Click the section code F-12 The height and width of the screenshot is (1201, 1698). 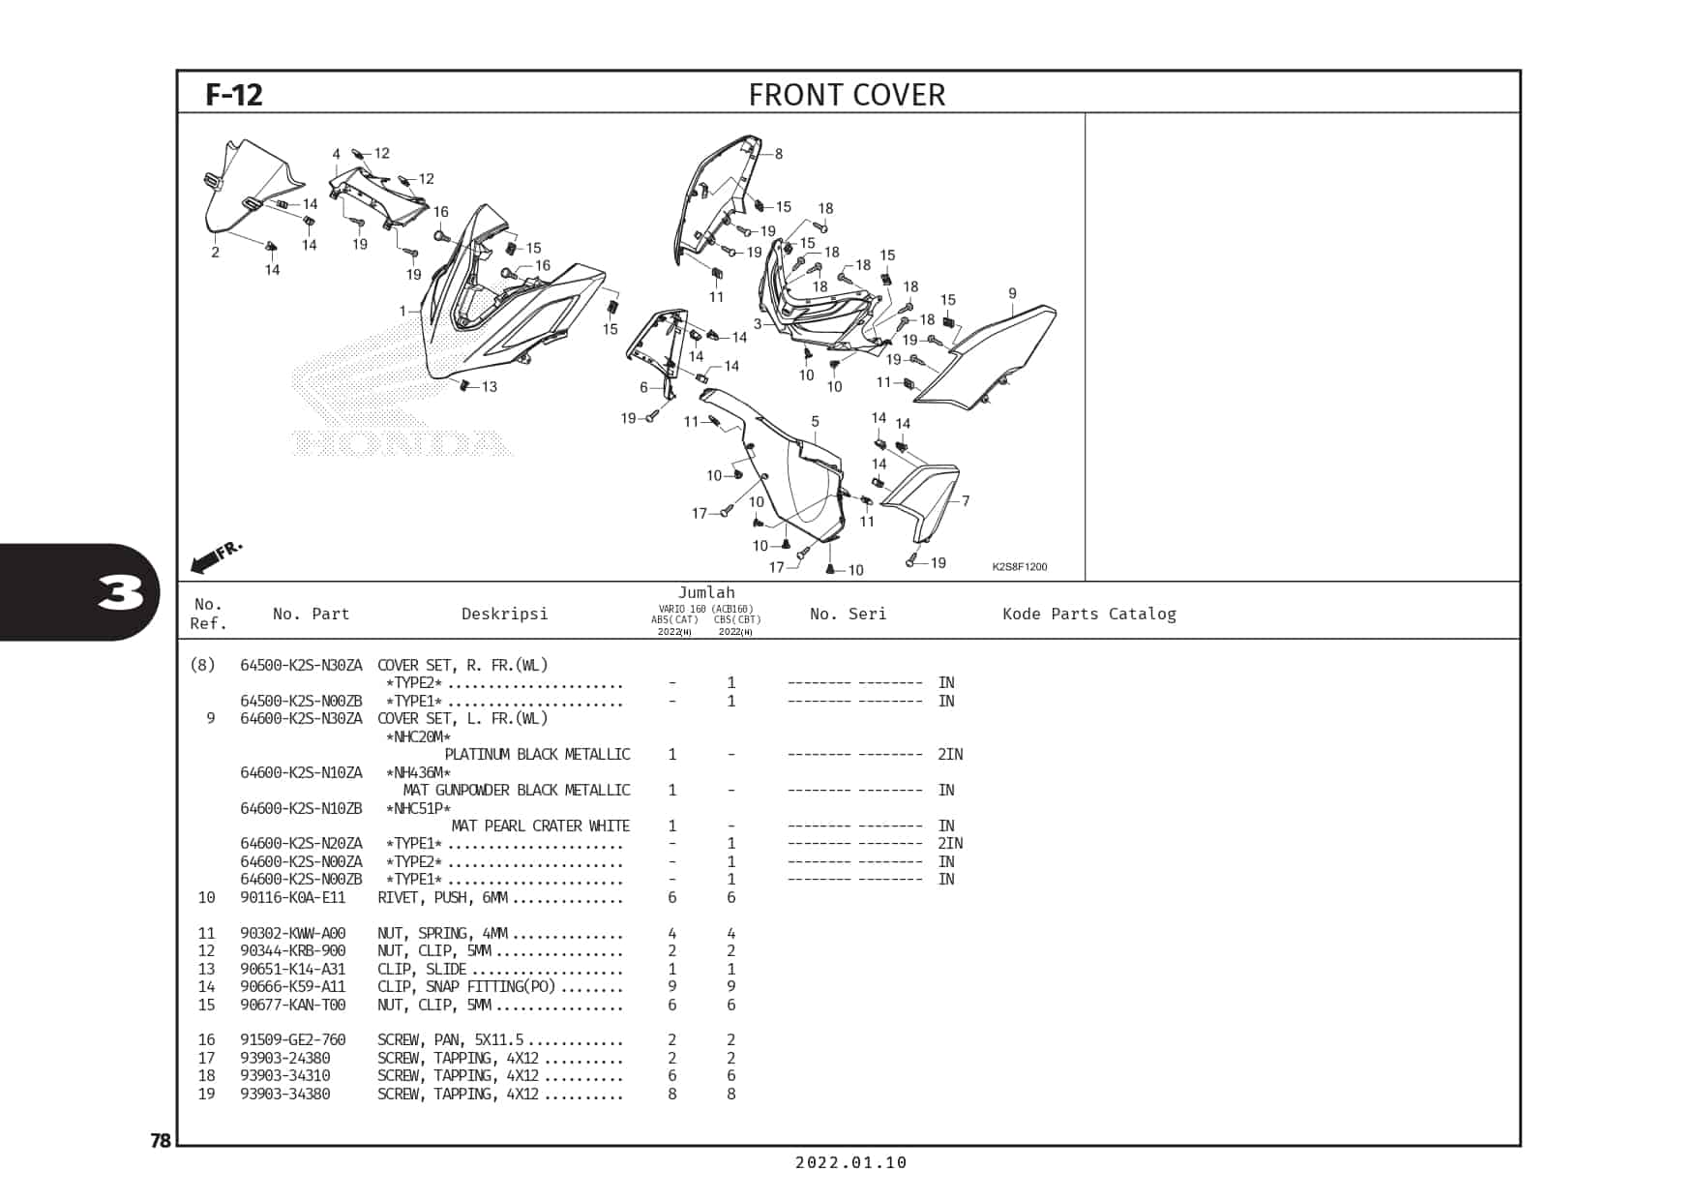click(x=234, y=95)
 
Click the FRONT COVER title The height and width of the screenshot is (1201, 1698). click(x=847, y=95)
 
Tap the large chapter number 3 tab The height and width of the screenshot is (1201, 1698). click(x=121, y=592)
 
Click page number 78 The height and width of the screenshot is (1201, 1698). click(x=161, y=1140)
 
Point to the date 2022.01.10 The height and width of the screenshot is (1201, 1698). click(x=851, y=1162)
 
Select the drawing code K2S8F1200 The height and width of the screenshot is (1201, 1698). click(x=1020, y=567)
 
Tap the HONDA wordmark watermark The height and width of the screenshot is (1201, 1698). click(x=402, y=443)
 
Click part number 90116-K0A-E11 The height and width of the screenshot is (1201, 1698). click(x=292, y=897)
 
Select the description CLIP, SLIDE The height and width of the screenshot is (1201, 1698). click(x=422, y=969)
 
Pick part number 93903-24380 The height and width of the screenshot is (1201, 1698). click(x=285, y=1058)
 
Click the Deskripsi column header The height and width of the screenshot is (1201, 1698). click(x=504, y=614)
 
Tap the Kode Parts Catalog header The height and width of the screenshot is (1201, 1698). click(x=1089, y=614)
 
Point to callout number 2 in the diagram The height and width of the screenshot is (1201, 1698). click(x=215, y=253)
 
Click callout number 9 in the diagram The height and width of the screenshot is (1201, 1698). click(x=1012, y=293)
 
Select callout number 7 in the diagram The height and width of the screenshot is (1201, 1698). click(x=966, y=500)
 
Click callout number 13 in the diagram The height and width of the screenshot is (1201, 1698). click(x=490, y=387)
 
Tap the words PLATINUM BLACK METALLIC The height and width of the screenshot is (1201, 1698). click(x=537, y=754)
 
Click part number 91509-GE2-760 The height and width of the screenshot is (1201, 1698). click(x=292, y=1040)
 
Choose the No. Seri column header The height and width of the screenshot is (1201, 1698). click(x=848, y=614)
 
